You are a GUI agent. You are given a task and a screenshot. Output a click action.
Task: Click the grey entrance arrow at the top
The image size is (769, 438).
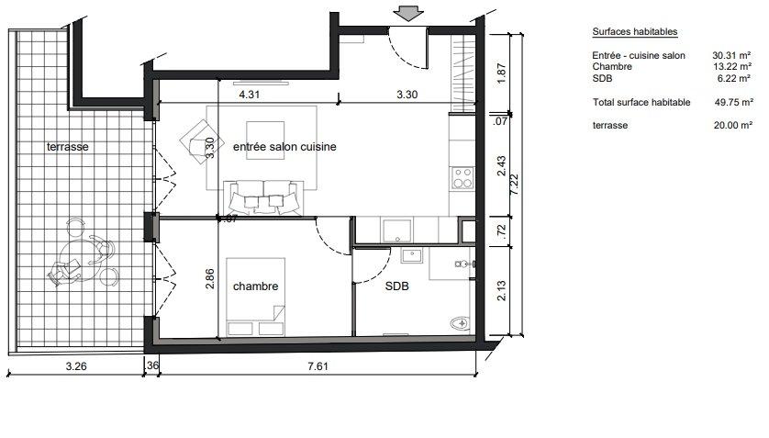(408, 13)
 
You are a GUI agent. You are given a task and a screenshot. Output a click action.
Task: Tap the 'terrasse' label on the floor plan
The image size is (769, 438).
(68, 147)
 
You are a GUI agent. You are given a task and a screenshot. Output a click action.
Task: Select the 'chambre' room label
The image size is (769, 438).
(255, 286)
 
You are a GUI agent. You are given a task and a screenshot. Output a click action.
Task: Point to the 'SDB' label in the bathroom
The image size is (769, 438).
(396, 286)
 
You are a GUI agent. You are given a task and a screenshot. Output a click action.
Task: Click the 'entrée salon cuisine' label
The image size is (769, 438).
(284, 147)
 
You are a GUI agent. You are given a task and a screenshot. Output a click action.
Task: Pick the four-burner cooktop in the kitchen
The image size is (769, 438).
(462, 177)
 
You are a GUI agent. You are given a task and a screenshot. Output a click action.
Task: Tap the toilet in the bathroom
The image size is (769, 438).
(461, 323)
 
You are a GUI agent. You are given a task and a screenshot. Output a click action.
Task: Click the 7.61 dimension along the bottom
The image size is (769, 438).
(318, 365)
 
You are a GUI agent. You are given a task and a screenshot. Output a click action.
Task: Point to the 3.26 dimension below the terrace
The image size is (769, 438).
(76, 365)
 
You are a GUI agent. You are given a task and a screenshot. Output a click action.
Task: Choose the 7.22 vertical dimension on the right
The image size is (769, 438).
(514, 185)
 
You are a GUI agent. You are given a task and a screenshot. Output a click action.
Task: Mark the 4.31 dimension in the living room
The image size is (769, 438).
(249, 95)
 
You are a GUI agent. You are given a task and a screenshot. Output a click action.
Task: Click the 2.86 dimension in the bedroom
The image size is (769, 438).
(209, 278)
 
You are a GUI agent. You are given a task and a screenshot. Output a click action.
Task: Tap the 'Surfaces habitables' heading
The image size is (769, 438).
(635, 32)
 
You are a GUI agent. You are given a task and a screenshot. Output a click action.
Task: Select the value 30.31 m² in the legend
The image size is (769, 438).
(731, 55)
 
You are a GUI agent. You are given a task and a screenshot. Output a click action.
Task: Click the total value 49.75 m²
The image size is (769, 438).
(734, 102)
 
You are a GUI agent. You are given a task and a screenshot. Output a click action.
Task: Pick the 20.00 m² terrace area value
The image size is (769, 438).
(733, 125)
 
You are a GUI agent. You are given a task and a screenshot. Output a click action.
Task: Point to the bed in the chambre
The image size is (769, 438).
(255, 298)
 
